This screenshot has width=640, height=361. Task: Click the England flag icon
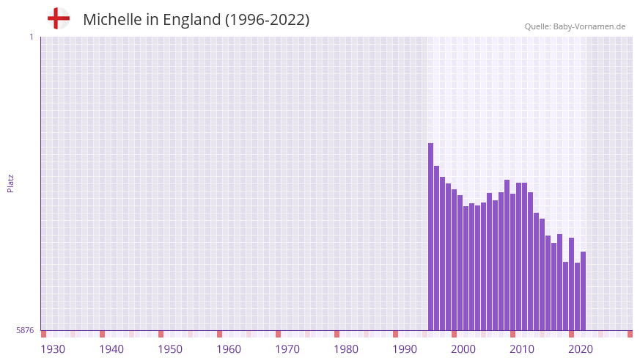tap(59, 18)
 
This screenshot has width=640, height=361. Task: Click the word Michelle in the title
tap(112, 20)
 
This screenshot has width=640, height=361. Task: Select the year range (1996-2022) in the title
tap(268, 20)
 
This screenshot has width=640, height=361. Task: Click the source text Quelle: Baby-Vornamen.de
tap(575, 26)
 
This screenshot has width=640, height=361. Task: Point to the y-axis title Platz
tap(10, 183)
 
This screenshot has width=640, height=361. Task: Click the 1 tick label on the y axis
tap(31, 37)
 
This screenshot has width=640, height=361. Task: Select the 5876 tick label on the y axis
tap(25, 330)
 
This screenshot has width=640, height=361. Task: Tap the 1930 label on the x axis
tap(53, 349)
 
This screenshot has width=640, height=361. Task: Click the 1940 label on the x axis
tap(111, 349)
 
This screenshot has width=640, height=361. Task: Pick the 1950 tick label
tap(170, 349)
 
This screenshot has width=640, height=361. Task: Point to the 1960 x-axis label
tap(229, 349)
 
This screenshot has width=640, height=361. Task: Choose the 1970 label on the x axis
tap(287, 349)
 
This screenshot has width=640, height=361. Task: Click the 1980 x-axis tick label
tap(346, 349)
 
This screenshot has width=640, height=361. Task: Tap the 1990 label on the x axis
tap(405, 349)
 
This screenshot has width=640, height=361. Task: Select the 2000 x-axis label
tap(463, 349)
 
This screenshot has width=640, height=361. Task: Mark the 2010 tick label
tap(522, 349)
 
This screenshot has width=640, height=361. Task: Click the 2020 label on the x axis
tap(581, 349)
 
